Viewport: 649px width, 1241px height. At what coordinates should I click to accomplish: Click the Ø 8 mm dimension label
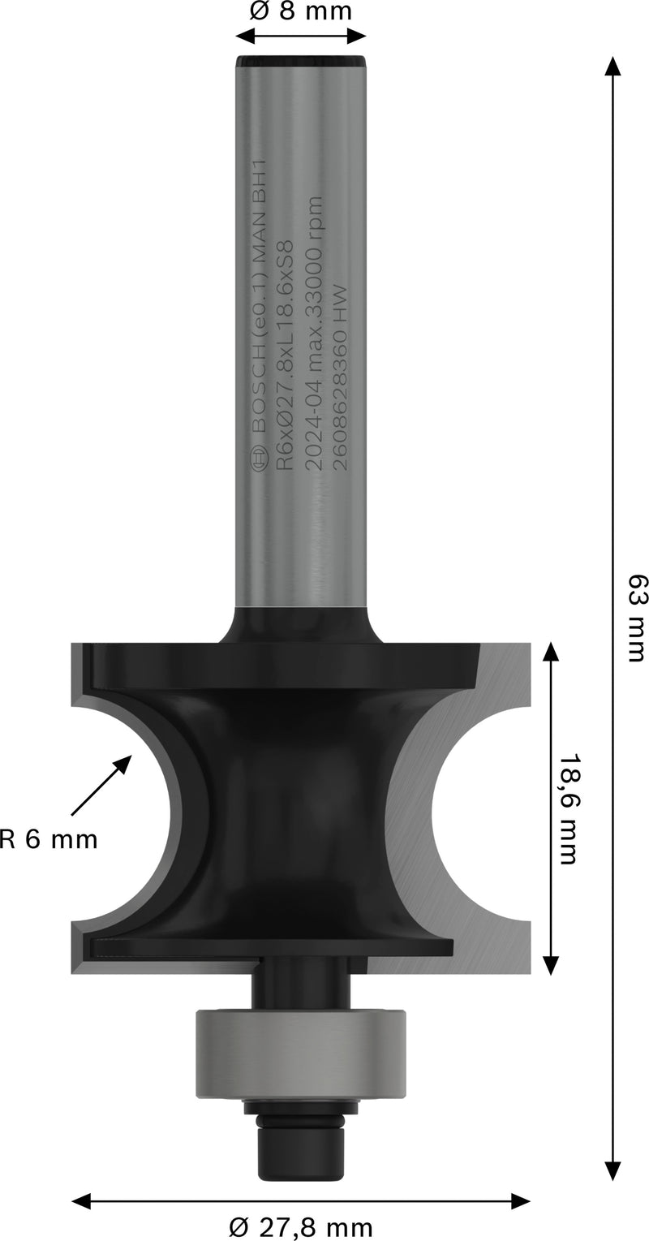point(300,12)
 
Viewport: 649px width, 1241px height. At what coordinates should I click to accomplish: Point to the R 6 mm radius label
point(49,839)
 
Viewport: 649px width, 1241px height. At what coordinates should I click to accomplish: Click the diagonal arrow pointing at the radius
point(101,784)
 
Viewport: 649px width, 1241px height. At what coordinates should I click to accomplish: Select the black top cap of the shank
point(300,62)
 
